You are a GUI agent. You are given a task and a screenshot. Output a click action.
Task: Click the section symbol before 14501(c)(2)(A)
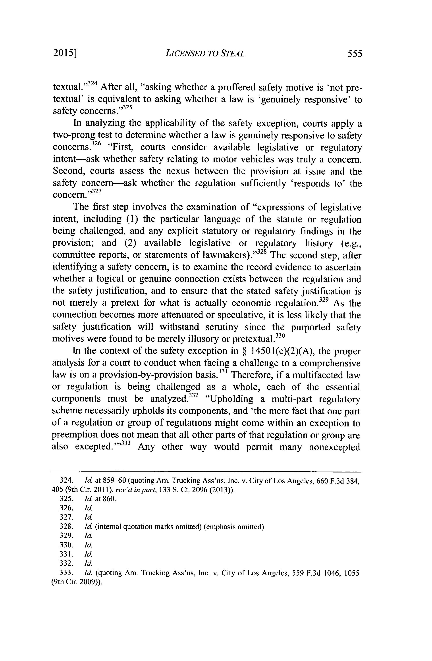coord(245,351)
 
